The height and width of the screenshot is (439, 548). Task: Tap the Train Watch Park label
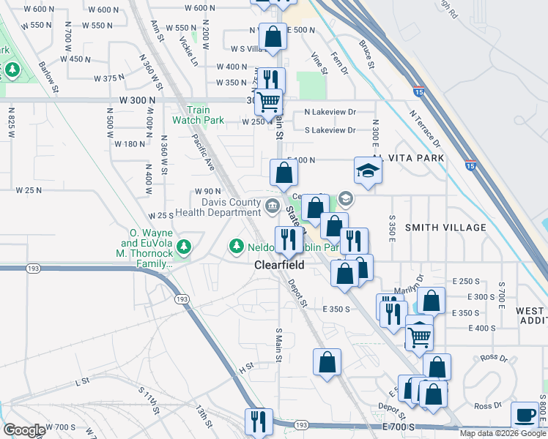pos(198,115)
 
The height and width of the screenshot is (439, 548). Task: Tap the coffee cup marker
pos(525,415)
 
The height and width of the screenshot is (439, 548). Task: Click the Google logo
pos(24,430)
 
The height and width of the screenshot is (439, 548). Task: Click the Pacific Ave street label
pos(204,153)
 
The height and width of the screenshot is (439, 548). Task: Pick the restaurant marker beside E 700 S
pos(258,421)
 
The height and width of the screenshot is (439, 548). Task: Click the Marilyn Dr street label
pos(410,282)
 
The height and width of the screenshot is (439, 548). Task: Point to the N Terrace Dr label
pos(425,128)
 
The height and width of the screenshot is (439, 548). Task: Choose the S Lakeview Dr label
pos(330,130)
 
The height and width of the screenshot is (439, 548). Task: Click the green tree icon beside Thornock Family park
pos(186,246)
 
